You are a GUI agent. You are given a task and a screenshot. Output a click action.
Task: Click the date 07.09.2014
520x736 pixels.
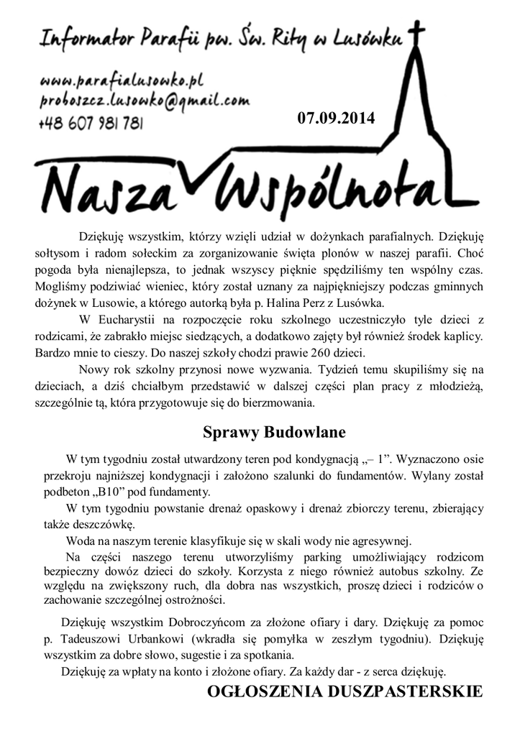336,119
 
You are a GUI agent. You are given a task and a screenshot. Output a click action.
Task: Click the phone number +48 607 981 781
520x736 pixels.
91,124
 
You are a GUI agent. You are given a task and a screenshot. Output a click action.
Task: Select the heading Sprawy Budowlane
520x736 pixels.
274,433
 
